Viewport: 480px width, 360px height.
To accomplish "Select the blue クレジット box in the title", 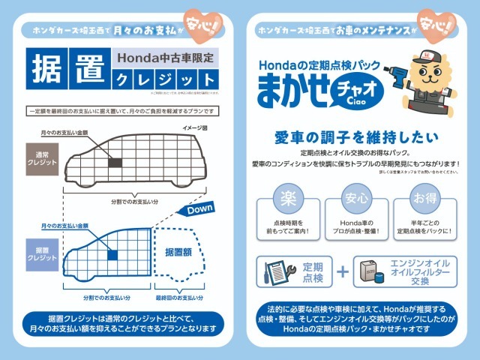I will pos(166,79).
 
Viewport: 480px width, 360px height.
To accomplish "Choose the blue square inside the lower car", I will pos(112,255).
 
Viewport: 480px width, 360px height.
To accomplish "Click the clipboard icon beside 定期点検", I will pos(276,271).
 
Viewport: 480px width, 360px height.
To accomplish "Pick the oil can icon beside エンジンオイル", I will pos(370,271).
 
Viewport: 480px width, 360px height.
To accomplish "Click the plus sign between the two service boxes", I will pos(343,271).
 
